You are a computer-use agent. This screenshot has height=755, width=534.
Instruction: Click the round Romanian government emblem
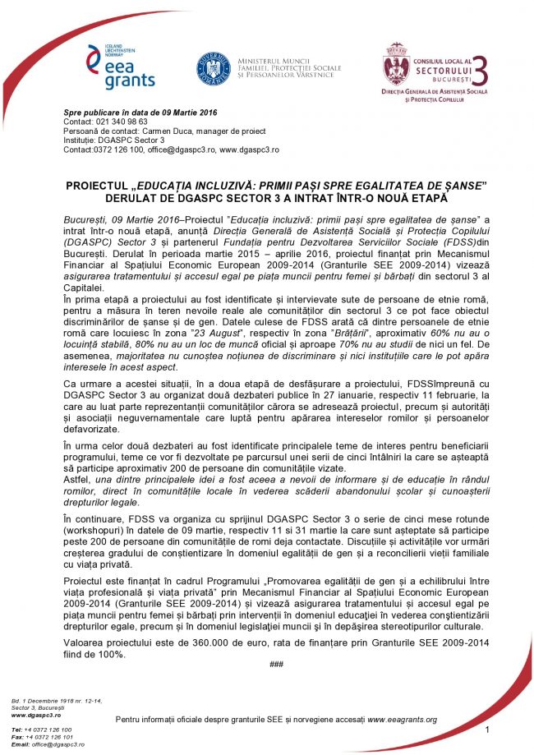click(212, 68)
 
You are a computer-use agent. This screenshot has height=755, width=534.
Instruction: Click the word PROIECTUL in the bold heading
click(103, 186)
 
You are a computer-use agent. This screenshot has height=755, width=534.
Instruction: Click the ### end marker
click(276, 663)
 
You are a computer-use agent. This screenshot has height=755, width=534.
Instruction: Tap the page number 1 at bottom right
click(487, 730)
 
